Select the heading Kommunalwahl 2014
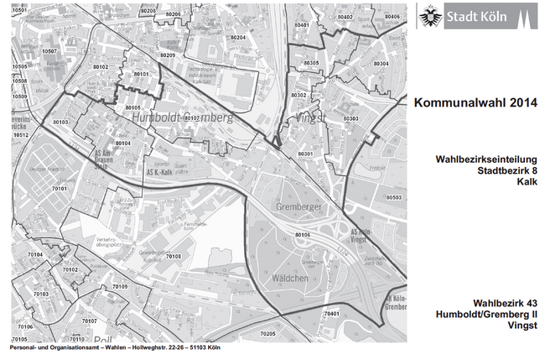click(x=475, y=102)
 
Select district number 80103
click(x=60, y=123)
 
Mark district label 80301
click(x=304, y=154)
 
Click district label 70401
click(x=332, y=313)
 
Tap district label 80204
click(x=237, y=38)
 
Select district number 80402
click(x=344, y=17)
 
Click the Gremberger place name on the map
click(x=298, y=206)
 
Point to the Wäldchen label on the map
click(x=288, y=278)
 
